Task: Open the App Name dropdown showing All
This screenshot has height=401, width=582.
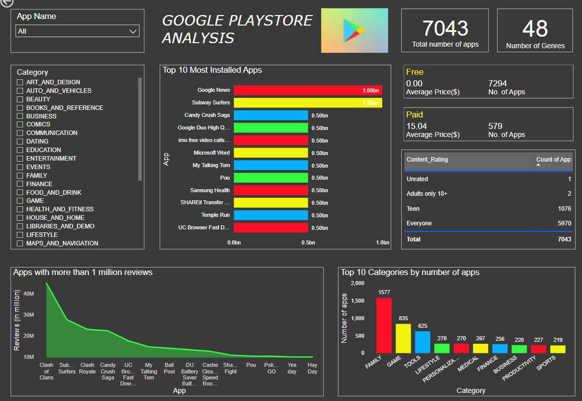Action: pos(77,31)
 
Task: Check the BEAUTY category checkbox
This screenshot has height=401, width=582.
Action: pos(20,99)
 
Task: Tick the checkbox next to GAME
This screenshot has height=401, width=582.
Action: pos(20,201)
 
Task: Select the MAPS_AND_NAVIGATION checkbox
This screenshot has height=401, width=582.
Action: pos(20,243)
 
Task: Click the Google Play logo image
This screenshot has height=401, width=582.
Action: pos(355,31)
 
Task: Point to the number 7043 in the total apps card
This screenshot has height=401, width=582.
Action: pos(445,29)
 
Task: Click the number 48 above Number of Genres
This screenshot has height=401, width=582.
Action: pos(535,29)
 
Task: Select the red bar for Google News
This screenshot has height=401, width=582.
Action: pos(308,90)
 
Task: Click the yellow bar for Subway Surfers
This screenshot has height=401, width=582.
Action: pos(308,103)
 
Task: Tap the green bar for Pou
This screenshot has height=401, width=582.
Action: pos(271,178)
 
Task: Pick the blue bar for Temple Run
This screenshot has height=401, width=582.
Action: pos(271,215)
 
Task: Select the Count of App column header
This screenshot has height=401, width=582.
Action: pos(553,160)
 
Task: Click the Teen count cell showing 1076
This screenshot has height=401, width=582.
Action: pos(564,209)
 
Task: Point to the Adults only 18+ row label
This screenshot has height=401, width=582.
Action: pos(427,194)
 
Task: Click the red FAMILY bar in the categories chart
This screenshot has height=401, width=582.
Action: pos(384,325)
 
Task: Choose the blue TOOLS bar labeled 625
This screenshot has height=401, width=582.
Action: pos(423,342)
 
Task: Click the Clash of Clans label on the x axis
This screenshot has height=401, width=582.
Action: pos(46,371)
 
